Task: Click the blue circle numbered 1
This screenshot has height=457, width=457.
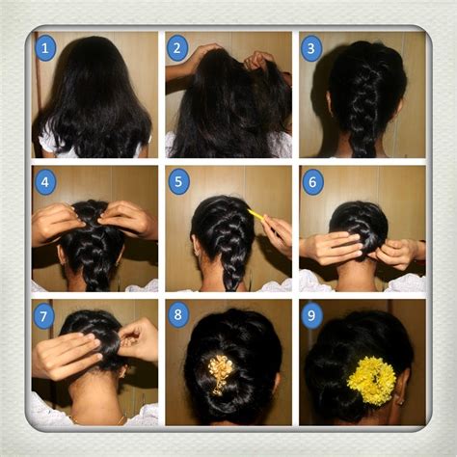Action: (44, 46)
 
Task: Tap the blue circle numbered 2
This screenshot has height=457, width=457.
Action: (177, 47)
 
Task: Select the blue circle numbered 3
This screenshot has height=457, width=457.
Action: (310, 47)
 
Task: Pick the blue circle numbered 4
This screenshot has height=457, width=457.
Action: (44, 180)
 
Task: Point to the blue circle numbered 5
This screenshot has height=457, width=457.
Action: (177, 180)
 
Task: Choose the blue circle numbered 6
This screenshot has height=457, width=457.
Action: (311, 180)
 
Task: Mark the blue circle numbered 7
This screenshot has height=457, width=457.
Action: (44, 314)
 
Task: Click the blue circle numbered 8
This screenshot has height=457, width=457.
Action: (177, 314)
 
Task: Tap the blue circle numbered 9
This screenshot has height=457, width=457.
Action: (311, 314)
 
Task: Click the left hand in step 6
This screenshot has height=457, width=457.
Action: (333, 249)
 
